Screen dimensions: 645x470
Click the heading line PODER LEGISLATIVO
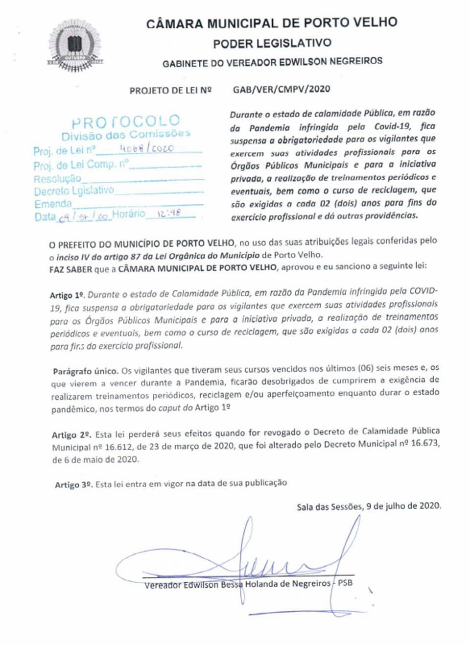[272, 43]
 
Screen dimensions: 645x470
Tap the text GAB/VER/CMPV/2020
[282, 89]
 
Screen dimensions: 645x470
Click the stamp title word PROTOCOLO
[126, 121]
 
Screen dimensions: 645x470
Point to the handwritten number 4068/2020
[146, 148]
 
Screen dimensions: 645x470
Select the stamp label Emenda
[53, 204]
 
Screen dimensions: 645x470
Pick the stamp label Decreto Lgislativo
[73, 191]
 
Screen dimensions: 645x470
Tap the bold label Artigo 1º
[67, 295]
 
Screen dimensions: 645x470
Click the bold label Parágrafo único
[85, 371]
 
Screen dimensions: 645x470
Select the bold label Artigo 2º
[71, 435]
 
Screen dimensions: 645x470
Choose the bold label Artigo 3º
[73, 485]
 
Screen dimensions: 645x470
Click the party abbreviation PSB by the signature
[345, 583]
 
